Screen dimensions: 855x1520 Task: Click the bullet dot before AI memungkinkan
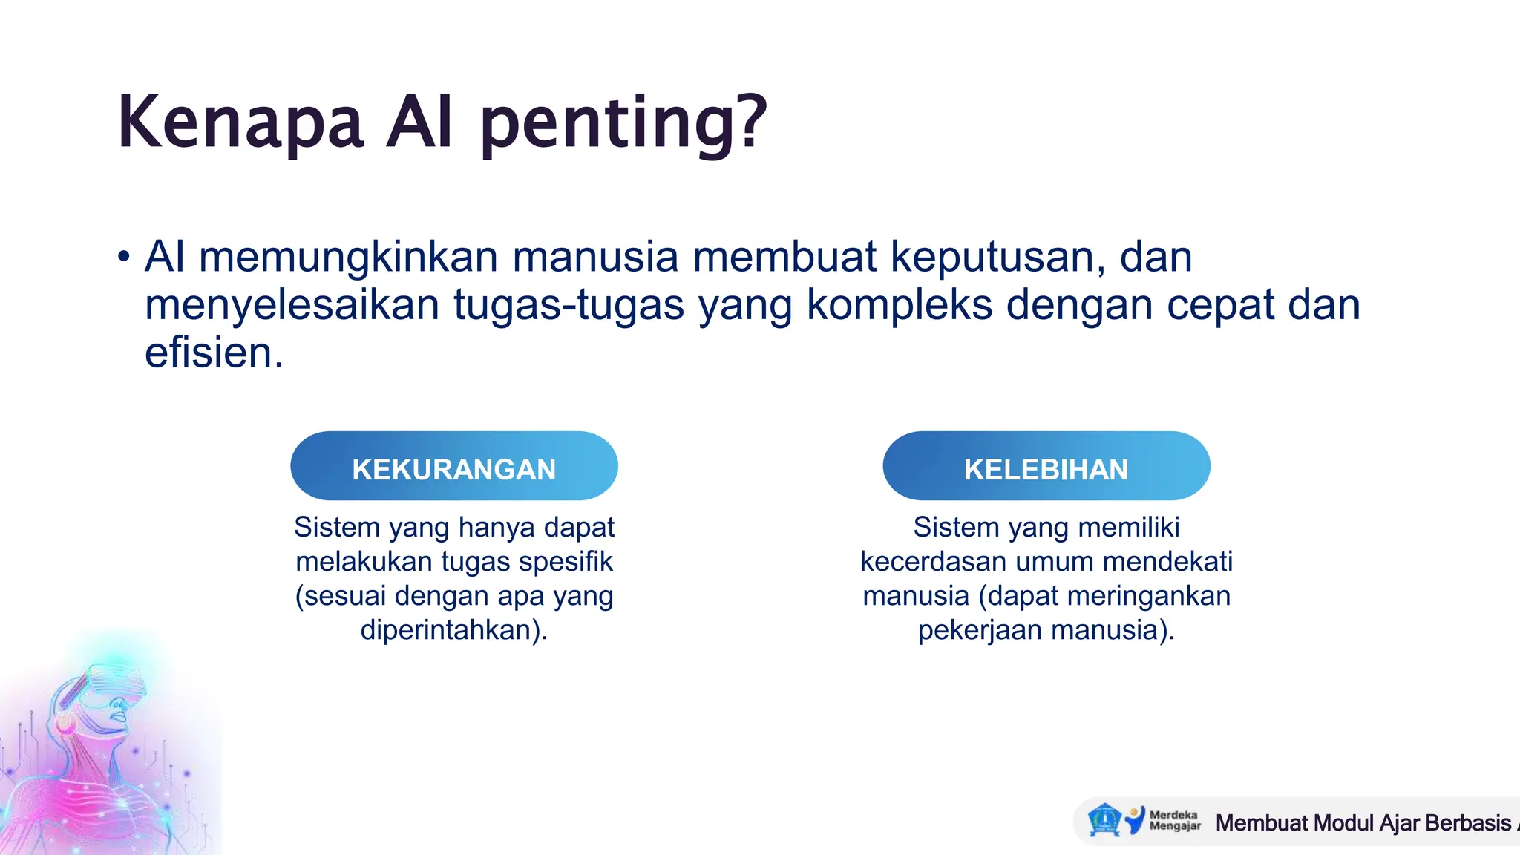click(x=124, y=258)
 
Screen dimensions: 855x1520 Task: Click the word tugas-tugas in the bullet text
click(x=569, y=306)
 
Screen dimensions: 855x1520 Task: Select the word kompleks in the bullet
click(x=899, y=306)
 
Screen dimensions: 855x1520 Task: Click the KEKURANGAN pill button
click(x=453, y=466)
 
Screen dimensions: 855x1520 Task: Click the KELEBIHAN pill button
click(x=1046, y=466)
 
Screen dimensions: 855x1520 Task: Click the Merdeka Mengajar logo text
click(x=1174, y=820)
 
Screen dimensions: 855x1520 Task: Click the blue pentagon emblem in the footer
click(x=1104, y=820)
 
